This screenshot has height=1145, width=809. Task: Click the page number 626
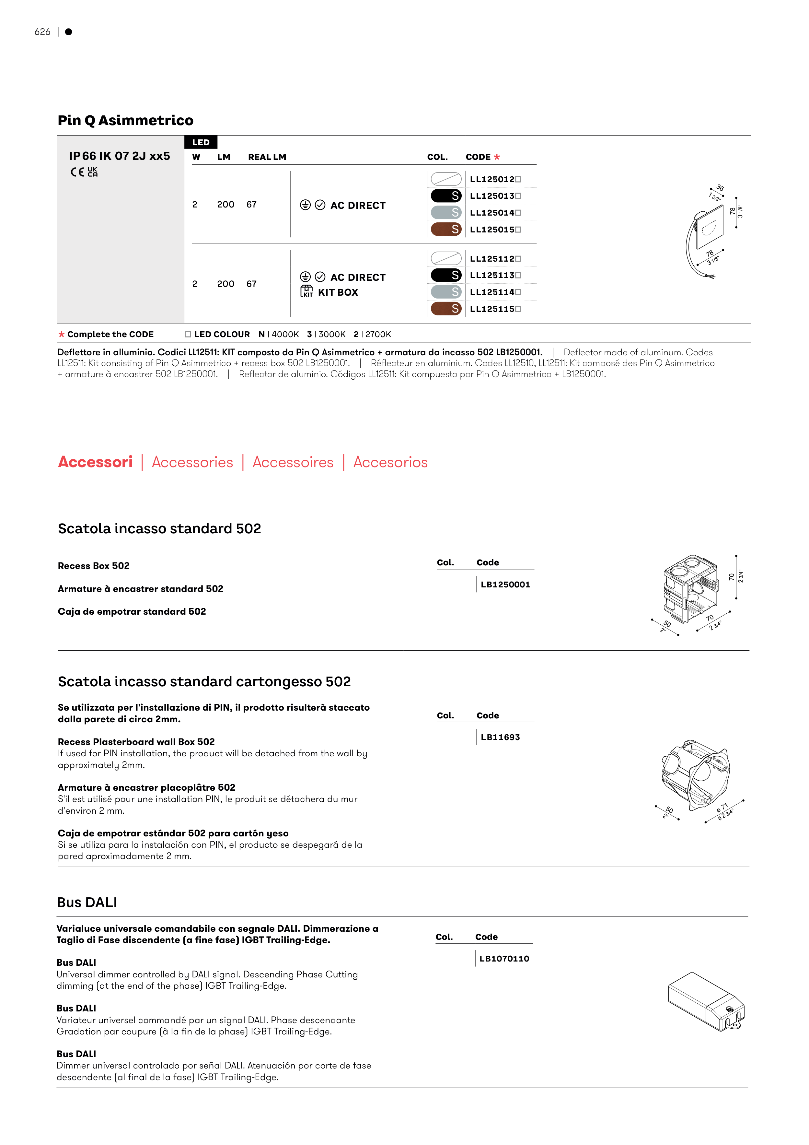coord(42,32)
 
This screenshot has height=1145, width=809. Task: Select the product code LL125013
coord(492,196)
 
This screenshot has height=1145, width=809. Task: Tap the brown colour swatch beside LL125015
coord(445,230)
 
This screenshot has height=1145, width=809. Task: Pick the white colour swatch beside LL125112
coord(445,258)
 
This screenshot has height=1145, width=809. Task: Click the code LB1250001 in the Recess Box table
coord(505,584)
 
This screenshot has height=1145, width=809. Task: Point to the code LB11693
coord(500,737)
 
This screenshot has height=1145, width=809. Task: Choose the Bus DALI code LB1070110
coord(504,959)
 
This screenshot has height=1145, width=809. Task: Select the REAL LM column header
coord(267,157)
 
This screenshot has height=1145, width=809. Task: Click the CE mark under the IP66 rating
coord(77,172)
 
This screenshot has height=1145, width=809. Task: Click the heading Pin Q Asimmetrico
coord(126,121)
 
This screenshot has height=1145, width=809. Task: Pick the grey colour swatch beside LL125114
coord(445,292)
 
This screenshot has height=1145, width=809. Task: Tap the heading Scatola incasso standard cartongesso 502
coord(204,682)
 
